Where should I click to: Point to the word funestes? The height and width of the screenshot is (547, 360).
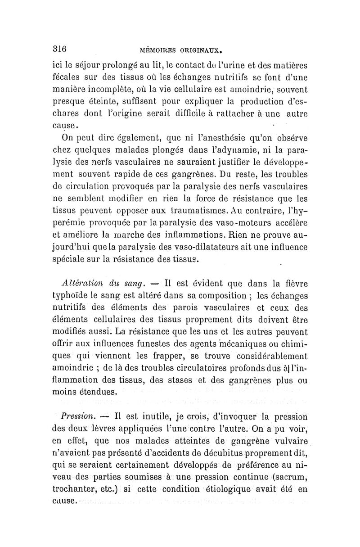tap(141, 344)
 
